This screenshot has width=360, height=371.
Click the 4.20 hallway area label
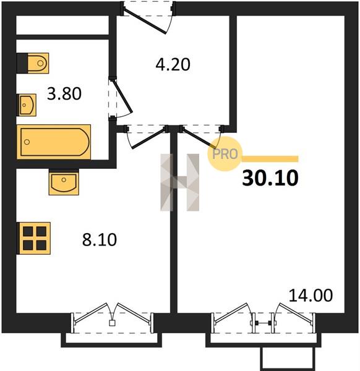tap(173, 64)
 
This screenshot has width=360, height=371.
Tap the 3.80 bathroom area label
tap(64, 94)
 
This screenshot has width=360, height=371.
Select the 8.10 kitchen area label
tap(100, 239)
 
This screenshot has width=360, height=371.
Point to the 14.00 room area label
tap(311, 296)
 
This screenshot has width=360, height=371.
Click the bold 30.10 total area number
tap(270, 178)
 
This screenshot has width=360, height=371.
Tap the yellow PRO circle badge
tap(225, 154)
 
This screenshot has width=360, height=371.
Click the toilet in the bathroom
tap(33, 63)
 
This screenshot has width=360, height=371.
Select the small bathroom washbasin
tap(27, 105)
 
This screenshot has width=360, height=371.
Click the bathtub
tap(54, 142)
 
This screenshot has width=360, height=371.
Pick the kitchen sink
tap(64, 182)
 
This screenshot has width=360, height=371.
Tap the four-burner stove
tap(33, 238)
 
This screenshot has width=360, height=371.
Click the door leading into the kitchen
tap(148, 139)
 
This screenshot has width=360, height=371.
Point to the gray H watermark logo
tap(180, 182)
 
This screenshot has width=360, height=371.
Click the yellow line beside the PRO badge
tap(270, 159)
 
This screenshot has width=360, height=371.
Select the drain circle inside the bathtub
tap(27, 142)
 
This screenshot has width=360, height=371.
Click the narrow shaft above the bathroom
tap(62, 25)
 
